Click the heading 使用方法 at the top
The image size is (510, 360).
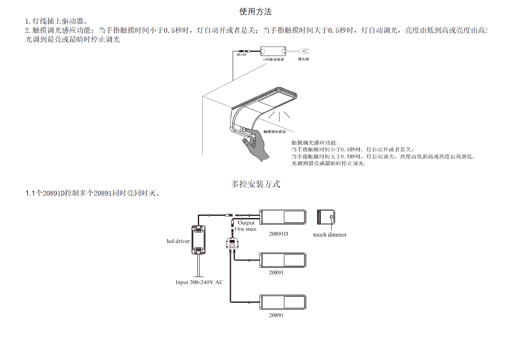pyautogui.click(x=255, y=12)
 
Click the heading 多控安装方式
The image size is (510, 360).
pyautogui.click(x=255, y=184)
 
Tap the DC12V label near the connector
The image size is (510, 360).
pyautogui.click(x=242, y=55)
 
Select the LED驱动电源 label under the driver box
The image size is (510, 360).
pyautogui.click(x=274, y=60)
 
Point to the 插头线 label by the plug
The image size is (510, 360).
pyautogui.click(x=303, y=59)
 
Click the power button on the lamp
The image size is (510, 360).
pyautogui.click(x=243, y=129)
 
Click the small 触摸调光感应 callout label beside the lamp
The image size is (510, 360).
pyautogui.click(x=274, y=132)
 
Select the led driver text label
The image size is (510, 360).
pyautogui.click(x=178, y=241)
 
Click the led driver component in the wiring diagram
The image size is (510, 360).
pyautogui.click(x=198, y=240)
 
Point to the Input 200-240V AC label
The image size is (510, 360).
pyautogui.click(x=199, y=283)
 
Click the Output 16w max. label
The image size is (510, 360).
pyautogui.click(x=246, y=226)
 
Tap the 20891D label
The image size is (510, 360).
pyautogui.click(x=278, y=234)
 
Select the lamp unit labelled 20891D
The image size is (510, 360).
pyautogui.click(x=283, y=217)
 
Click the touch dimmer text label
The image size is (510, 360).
pyautogui.click(x=330, y=235)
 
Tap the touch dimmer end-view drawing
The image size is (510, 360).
pyautogui.click(x=326, y=217)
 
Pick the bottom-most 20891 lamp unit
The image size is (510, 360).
pyautogui.click(x=283, y=302)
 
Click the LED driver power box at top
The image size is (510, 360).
pyautogui.click(x=273, y=51)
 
